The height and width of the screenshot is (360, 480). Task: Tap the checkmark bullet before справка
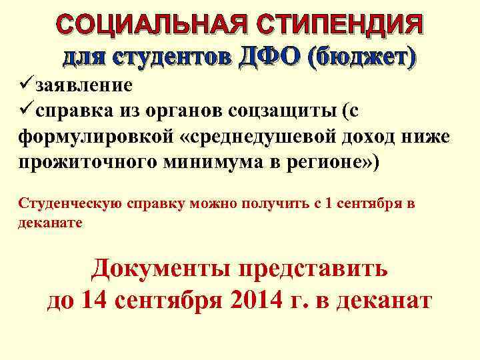coord(26,111)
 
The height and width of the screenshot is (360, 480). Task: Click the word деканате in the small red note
coord(50,223)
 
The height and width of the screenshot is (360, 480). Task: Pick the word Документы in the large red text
coord(160,269)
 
